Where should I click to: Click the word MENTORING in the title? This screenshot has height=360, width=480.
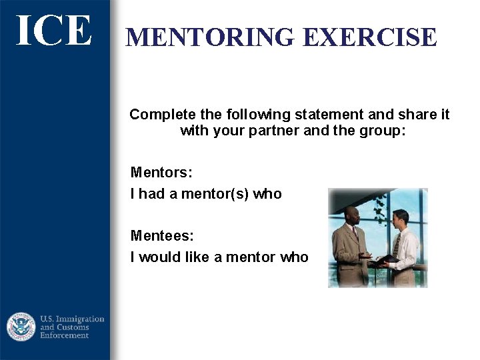210,37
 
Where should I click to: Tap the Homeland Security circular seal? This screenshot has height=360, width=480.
21,327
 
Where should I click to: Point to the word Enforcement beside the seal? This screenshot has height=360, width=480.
65,335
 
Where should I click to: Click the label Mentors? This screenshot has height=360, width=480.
161,173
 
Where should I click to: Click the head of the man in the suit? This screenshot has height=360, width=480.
351,215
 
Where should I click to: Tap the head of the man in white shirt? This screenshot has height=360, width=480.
399,217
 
